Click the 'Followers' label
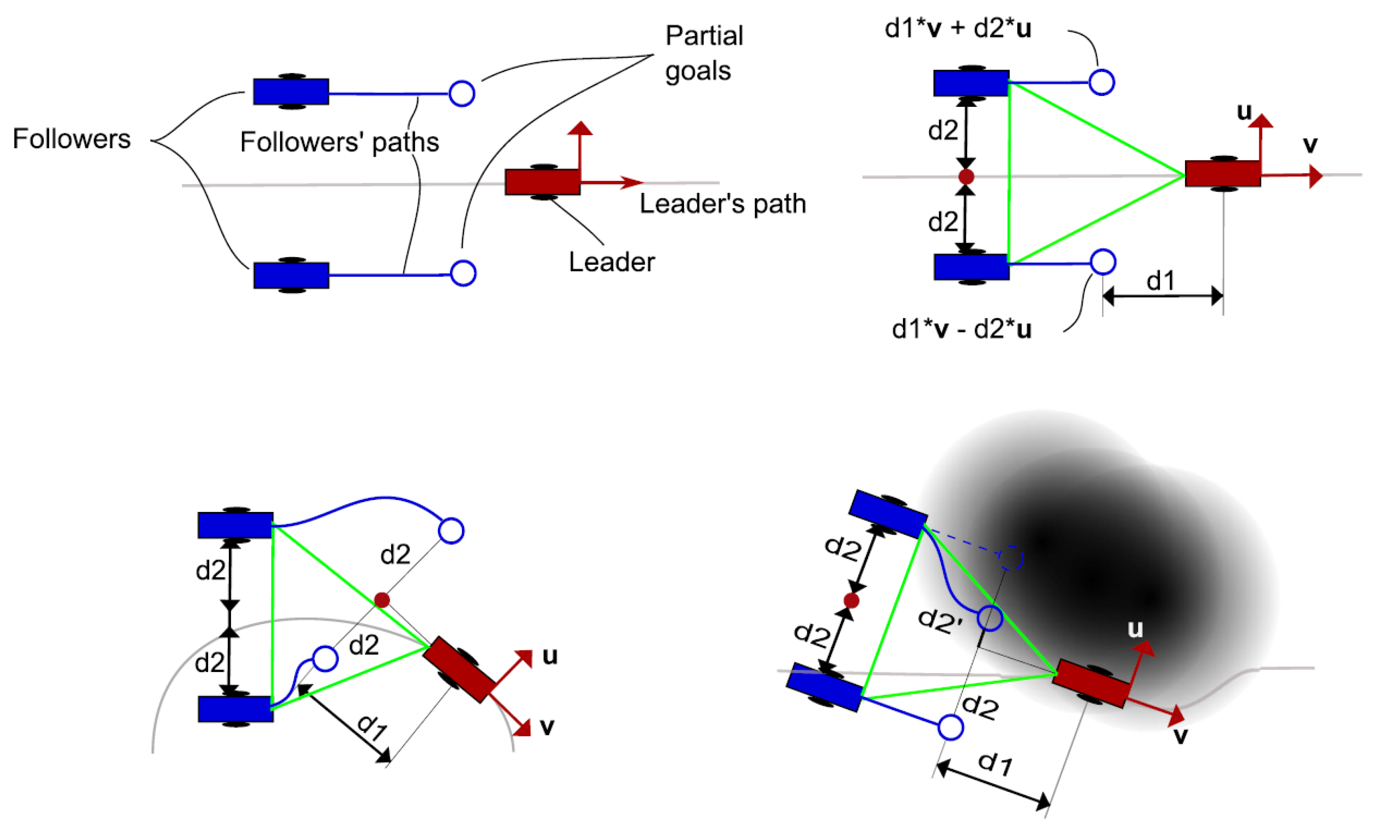[72, 139]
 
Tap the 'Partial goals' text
[703, 53]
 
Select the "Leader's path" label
[722, 203]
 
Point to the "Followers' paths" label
[340, 142]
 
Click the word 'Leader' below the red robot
[611, 262]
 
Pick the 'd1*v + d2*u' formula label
[958, 28]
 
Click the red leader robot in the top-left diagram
[542, 182]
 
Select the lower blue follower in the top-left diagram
[292, 275]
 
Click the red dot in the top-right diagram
[966, 177]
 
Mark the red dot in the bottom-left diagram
[382, 600]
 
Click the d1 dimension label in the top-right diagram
[1161, 280]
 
